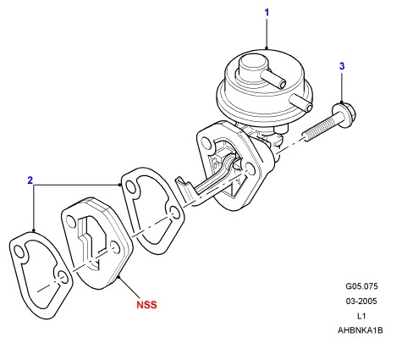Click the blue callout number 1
[x=267, y=13]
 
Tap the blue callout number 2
[x=30, y=180]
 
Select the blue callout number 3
[x=342, y=66]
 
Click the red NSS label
[x=146, y=305]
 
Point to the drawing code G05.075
[x=361, y=286]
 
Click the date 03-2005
[x=361, y=302]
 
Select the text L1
[x=361, y=316]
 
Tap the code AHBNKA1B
[x=361, y=330]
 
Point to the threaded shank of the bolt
[x=318, y=130]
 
